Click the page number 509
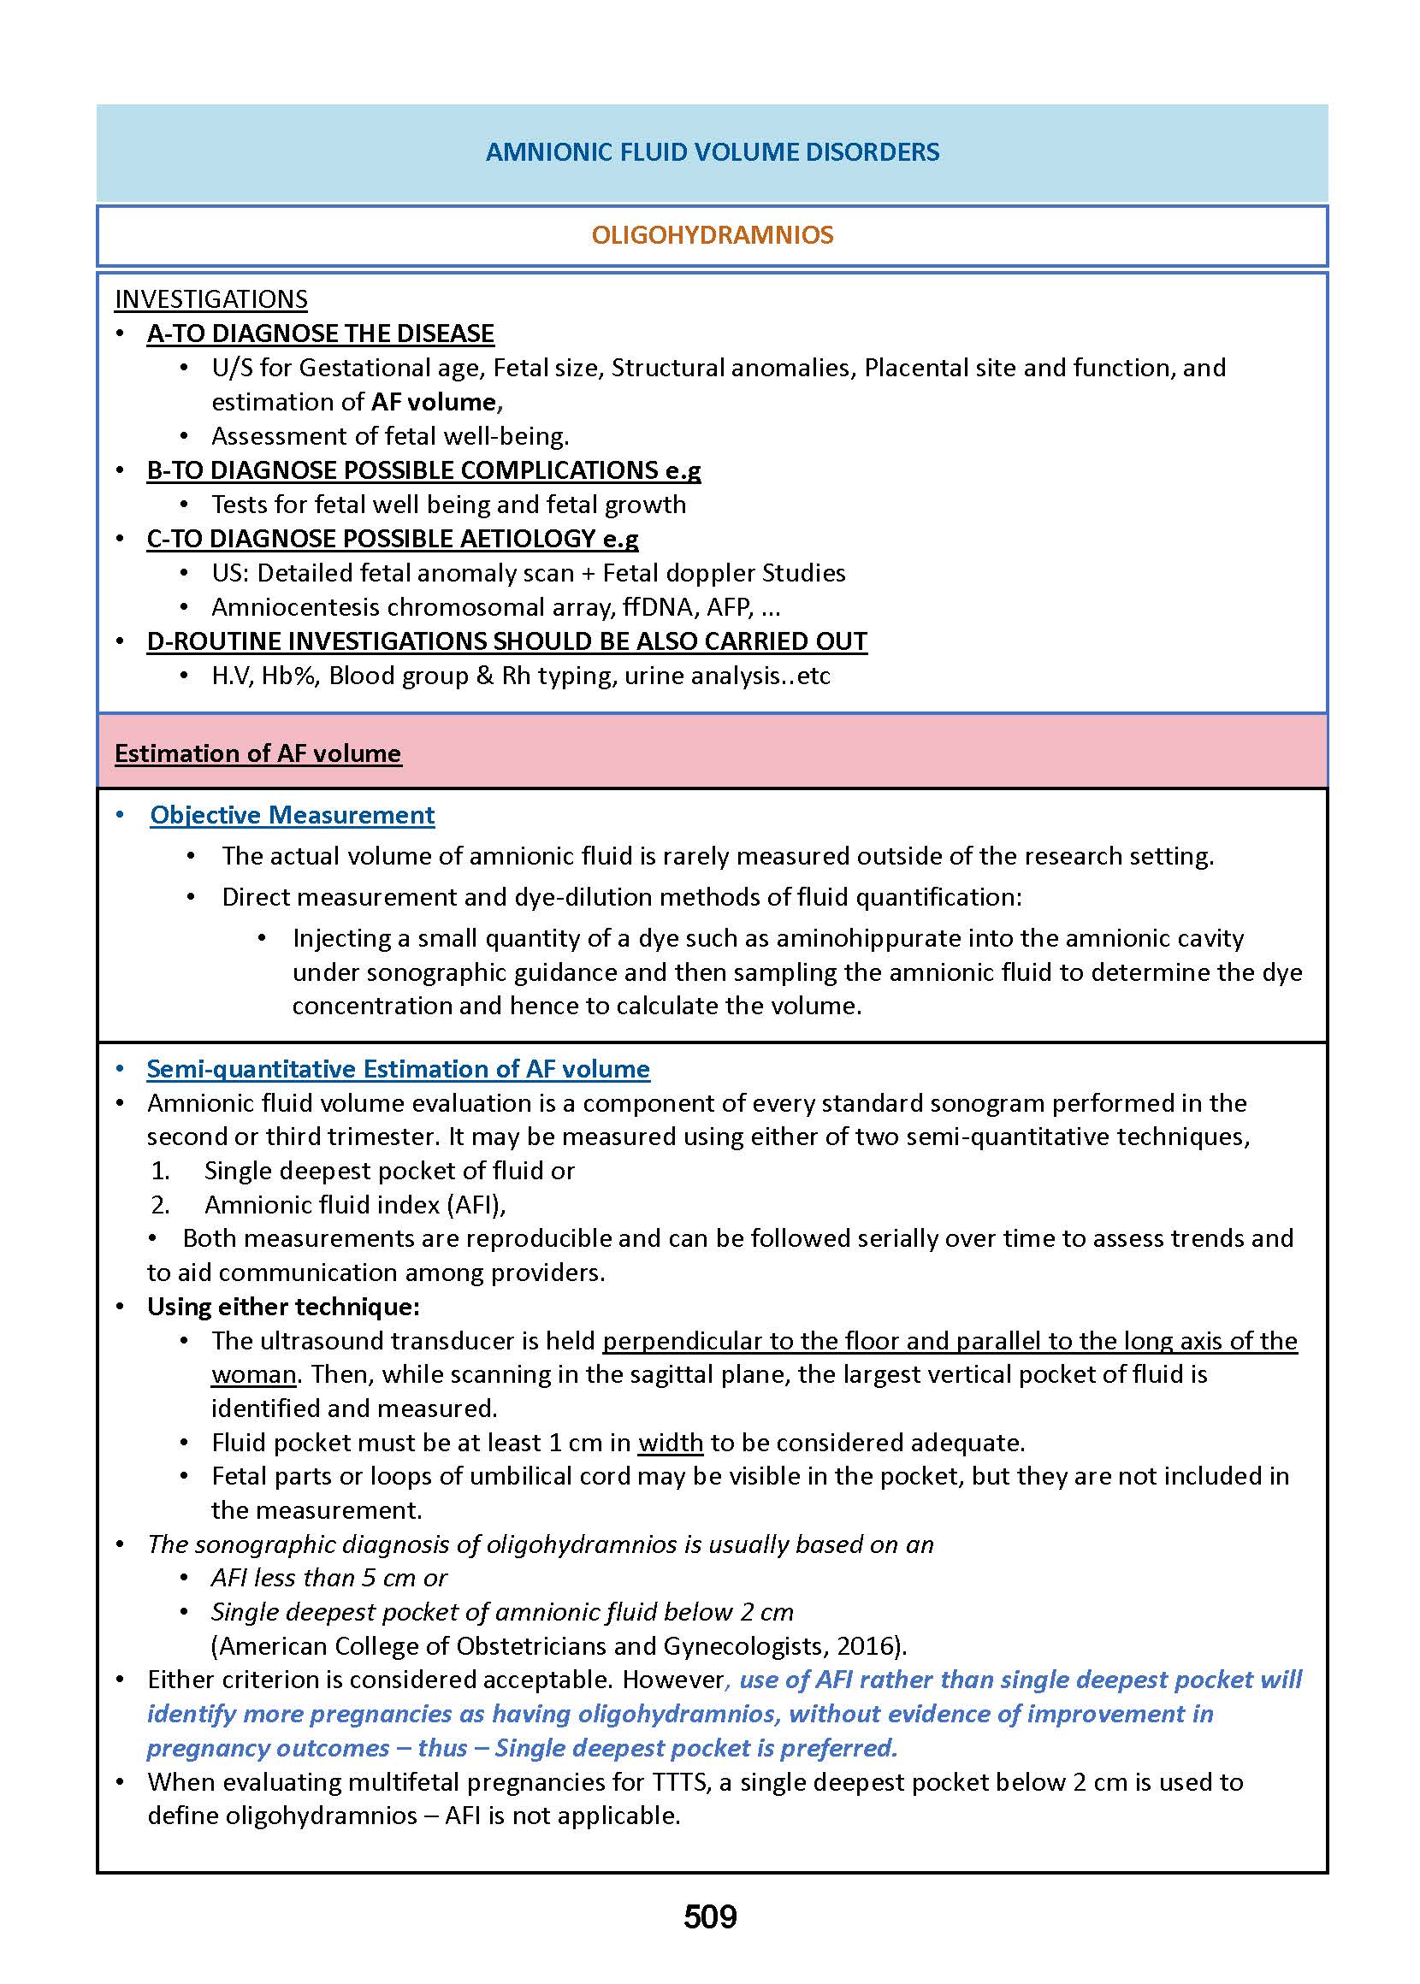[x=709, y=1916]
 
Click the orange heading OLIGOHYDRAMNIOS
[x=712, y=235]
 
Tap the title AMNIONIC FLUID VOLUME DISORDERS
[x=712, y=152]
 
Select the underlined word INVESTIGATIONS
[x=210, y=300]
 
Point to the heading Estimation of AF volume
[x=257, y=753]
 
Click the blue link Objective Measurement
[x=292, y=815]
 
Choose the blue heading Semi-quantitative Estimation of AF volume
[x=398, y=1069]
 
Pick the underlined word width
[x=670, y=1442]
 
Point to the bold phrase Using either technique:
[x=283, y=1307]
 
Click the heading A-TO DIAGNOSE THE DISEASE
[x=320, y=334]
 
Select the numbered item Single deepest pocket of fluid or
[x=389, y=1170]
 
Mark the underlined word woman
[x=253, y=1374]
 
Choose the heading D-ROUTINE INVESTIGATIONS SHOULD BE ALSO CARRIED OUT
[x=506, y=641]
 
